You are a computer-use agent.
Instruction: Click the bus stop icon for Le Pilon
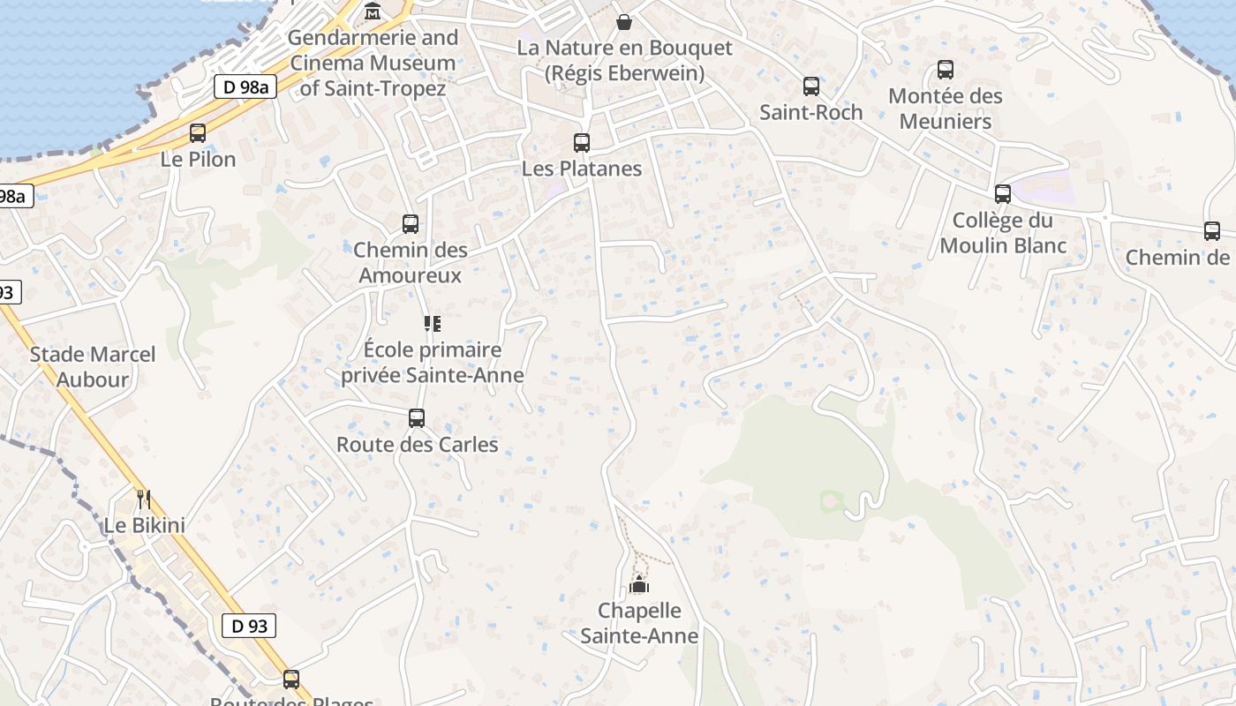click(x=198, y=133)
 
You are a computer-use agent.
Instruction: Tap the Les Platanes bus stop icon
click(x=581, y=142)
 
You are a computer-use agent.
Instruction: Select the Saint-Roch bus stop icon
click(x=810, y=86)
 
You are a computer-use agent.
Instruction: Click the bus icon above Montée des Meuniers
click(x=945, y=69)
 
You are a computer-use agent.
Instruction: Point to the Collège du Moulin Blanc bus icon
click(x=1002, y=194)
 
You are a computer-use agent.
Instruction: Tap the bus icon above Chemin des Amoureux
click(x=410, y=223)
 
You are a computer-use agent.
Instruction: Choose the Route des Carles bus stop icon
click(x=417, y=418)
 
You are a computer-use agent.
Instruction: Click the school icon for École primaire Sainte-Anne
click(x=432, y=324)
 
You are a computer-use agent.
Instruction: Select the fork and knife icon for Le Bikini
click(x=143, y=499)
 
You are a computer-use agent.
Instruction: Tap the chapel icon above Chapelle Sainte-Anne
click(x=638, y=584)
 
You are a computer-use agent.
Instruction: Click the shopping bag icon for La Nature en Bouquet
click(x=624, y=21)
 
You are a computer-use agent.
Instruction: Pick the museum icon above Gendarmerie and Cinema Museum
click(x=373, y=11)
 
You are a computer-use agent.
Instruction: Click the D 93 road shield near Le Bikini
click(x=248, y=626)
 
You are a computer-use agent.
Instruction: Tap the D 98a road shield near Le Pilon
click(x=245, y=86)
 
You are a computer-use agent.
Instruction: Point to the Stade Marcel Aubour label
click(x=93, y=367)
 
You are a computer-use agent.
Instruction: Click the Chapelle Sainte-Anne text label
click(x=639, y=623)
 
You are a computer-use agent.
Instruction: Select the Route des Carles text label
click(x=417, y=445)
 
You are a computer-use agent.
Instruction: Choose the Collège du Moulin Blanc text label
click(x=1003, y=233)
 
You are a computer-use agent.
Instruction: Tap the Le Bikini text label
click(x=145, y=526)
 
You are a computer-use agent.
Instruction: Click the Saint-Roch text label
click(x=810, y=113)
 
